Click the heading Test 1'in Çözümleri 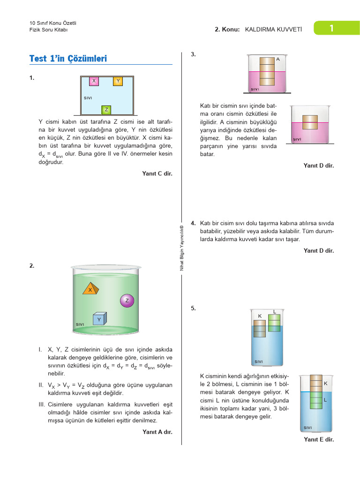(x=68, y=59)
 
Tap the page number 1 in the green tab (x=331, y=29)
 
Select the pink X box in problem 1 (x=94, y=81)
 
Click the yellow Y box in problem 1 (x=118, y=81)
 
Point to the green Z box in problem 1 (x=106, y=110)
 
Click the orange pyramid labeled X (x=90, y=289)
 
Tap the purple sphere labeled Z (x=127, y=300)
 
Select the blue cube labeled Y (x=99, y=319)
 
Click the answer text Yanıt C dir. (x=157, y=173)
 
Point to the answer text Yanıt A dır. (x=157, y=432)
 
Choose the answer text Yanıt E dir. (x=319, y=439)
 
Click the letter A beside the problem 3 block (x=278, y=60)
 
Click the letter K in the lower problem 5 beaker (x=325, y=383)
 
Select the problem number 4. (x=193, y=223)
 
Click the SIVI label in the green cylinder (x=80, y=324)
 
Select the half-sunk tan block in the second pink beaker (x=310, y=122)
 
